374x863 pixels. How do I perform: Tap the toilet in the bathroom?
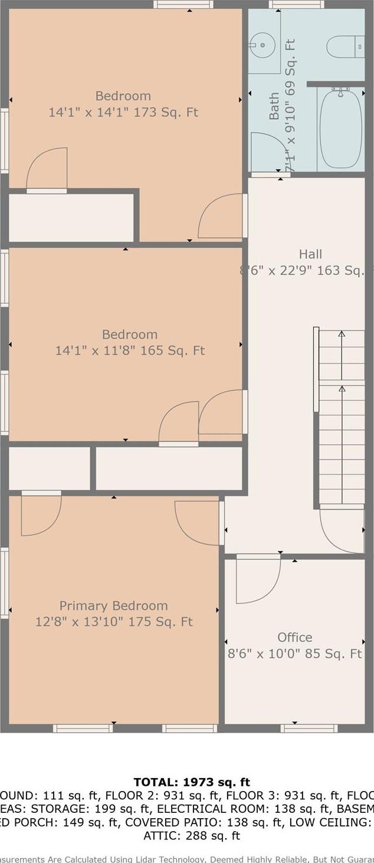click(x=346, y=47)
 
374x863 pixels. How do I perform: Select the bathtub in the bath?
click(x=340, y=129)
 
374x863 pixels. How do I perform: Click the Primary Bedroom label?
click(x=113, y=606)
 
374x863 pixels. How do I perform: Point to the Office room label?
click(x=295, y=637)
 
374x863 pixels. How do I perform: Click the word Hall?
click(x=310, y=254)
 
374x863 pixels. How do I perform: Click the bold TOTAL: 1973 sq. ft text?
click(x=192, y=783)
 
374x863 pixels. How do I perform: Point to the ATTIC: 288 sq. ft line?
click(x=192, y=835)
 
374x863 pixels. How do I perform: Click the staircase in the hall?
click(x=342, y=419)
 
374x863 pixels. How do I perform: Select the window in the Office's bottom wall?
click(x=309, y=729)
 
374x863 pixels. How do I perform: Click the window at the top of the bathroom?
click(x=296, y=5)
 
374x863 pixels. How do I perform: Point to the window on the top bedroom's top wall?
click(x=183, y=5)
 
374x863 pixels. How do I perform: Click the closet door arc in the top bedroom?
click(x=47, y=168)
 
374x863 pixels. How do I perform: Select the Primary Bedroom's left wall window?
click(x=4, y=583)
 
